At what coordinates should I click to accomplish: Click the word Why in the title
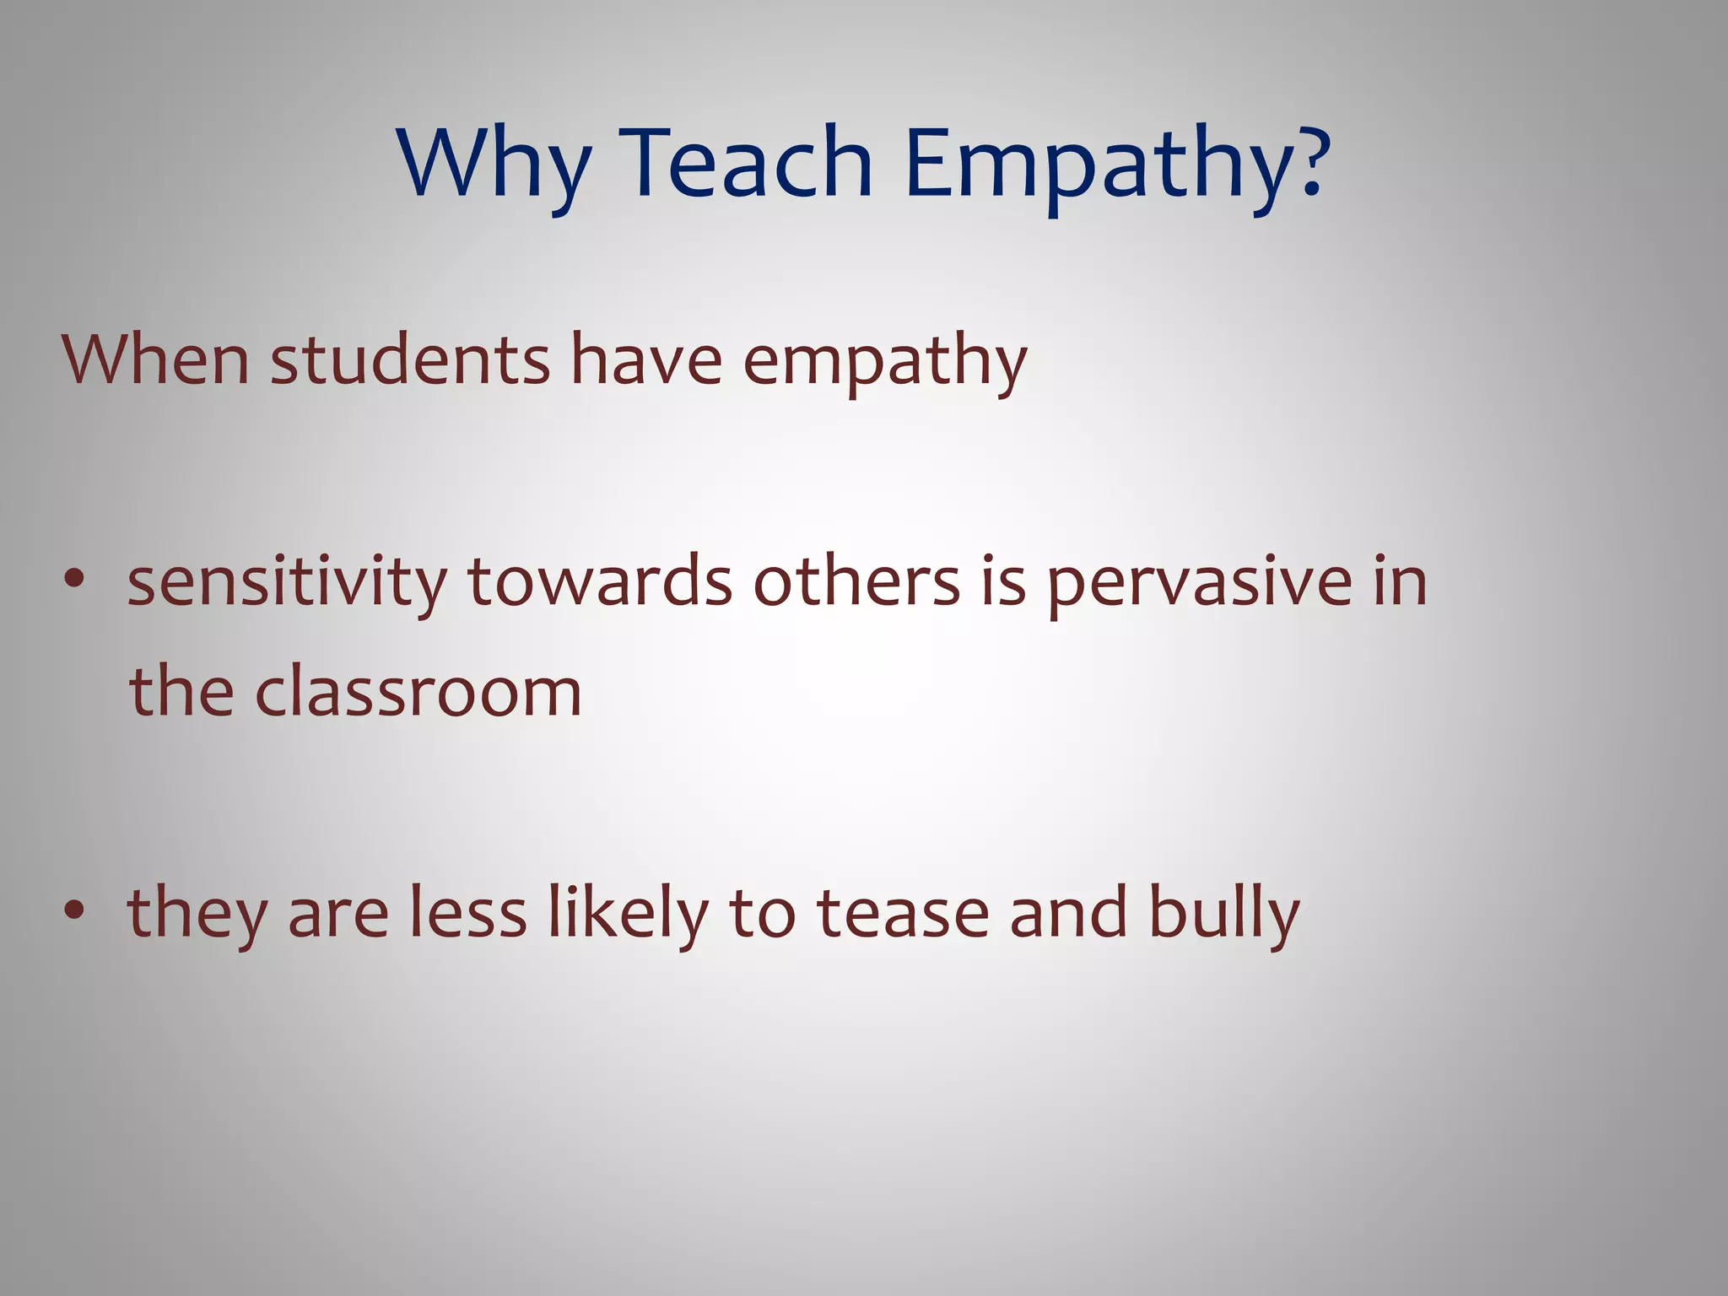[494, 165]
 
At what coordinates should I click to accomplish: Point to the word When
[155, 360]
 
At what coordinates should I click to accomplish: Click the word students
[410, 360]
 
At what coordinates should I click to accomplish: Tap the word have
[646, 360]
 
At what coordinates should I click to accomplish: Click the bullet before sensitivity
[75, 580]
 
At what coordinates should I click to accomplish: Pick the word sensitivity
[287, 584]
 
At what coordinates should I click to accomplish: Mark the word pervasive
[1199, 584]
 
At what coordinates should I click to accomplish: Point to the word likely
[628, 915]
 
